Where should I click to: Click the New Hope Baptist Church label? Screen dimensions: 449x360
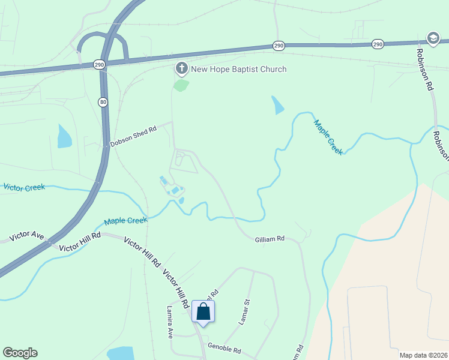pos(238,69)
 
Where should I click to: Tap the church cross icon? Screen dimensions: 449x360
pos(181,69)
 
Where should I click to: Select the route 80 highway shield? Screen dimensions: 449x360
pos(103,103)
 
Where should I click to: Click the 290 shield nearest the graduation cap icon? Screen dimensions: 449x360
pos(378,44)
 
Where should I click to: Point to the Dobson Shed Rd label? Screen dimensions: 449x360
pos(133,136)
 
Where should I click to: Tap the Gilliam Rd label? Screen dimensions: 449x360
pos(270,239)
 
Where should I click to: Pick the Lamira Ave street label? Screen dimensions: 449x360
pos(170,322)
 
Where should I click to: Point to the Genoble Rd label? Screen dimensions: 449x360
pos(224,349)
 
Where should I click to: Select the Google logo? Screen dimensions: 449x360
pos(20,353)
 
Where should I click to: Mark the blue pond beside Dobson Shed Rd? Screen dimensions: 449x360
pos(64,137)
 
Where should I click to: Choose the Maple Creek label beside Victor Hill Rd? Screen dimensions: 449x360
pos(125,221)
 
